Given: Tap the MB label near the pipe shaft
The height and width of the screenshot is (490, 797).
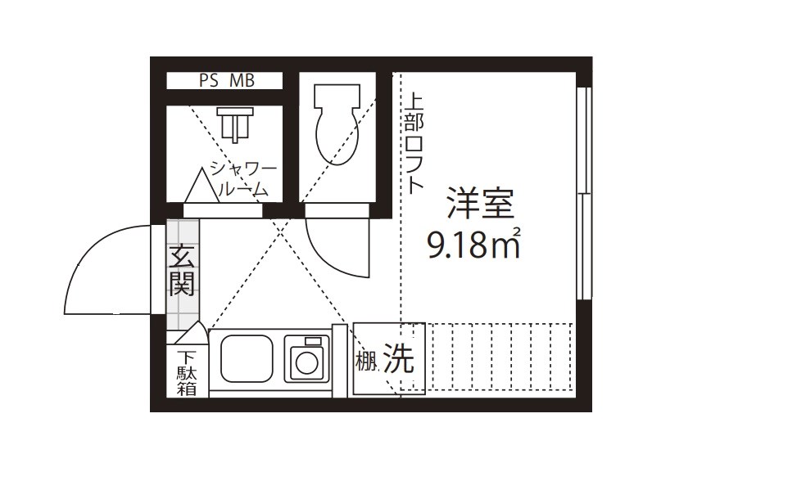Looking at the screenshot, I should pyautogui.click(x=242, y=81).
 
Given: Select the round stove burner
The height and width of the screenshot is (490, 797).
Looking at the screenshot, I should pyautogui.click(x=306, y=362).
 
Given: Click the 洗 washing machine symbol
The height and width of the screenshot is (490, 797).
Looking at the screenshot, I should pyautogui.click(x=399, y=360).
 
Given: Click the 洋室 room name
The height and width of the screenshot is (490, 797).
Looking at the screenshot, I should pyautogui.click(x=478, y=203).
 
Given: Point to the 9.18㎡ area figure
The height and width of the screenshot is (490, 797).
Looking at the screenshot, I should pyautogui.click(x=474, y=244).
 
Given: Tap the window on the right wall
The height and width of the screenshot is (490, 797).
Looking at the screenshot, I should pyautogui.click(x=582, y=193).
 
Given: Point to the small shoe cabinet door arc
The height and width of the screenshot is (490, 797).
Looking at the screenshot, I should pyautogui.click(x=194, y=333).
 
